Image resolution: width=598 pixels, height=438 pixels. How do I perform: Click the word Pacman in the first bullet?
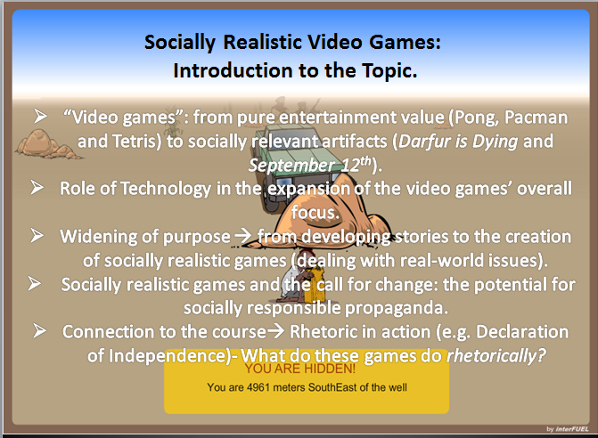pyautogui.click(x=536, y=118)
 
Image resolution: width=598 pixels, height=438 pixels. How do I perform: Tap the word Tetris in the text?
pyautogui.click(x=135, y=142)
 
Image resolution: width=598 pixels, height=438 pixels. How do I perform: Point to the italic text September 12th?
pyautogui.click(x=309, y=165)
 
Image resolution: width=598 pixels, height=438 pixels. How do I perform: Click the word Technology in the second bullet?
pyautogui.click(x=166, y=189)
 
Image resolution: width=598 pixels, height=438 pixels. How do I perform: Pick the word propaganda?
pyautogui.click(x=397, y=309)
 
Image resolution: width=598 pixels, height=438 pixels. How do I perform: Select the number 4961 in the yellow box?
pyautogui.click(x=258, y=387)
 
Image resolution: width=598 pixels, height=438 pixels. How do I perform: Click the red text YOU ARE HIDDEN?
pyautogui.click(x=300, y=369)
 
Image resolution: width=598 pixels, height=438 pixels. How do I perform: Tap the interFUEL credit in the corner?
pyautogui.click(x=568, y=429)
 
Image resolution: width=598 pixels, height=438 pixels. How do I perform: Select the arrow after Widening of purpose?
pyautogui.click(x=243, y=237)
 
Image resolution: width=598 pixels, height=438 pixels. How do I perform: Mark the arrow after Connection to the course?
pyautogui.click(x=275, y=331)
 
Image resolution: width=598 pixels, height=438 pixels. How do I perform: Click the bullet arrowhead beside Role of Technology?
pyautogui.click(x=37, y=187)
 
